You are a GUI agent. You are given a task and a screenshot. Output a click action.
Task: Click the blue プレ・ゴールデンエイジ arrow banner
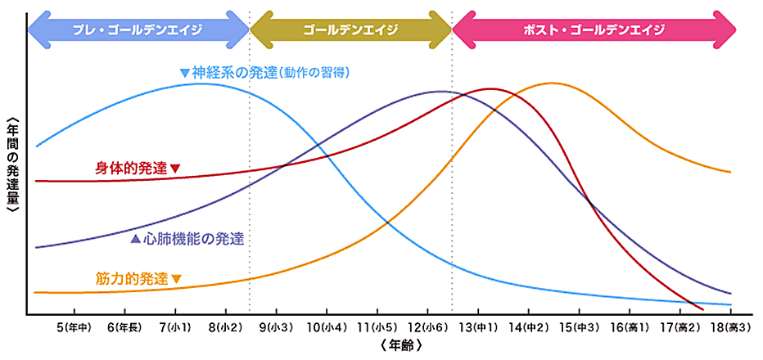[x=138, y=29]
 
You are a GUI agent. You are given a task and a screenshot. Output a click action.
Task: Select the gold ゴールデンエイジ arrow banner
[x=350, y=29]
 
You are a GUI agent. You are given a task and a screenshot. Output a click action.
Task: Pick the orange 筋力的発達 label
[x=136, y=279]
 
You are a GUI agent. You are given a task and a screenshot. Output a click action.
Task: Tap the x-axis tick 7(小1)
[x=175, y=327]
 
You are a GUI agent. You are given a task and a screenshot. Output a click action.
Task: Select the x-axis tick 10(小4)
[x=327, y=327]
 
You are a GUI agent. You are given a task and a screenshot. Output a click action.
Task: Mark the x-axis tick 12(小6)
[x=427, y=327]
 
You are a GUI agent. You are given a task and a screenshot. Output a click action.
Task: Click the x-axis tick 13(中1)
[x=478, y=327]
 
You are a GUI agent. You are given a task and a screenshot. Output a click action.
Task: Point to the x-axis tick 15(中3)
[x=579, y=327]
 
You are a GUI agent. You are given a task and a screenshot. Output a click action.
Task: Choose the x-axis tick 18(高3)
[x=729, y=327]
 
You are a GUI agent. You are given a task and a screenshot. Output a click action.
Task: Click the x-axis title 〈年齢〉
[x=400, y=346]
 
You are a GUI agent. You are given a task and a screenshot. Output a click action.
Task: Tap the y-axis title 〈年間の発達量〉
[x=11, y=167]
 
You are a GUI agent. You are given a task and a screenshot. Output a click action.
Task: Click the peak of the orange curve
[x=553, y=83]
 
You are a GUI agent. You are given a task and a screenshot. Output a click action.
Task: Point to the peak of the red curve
[x=490, y=88]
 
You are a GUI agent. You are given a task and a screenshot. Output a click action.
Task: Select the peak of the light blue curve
[x=201, y=83]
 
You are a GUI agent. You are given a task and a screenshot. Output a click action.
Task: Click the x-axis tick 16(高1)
[x=629, y=327]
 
